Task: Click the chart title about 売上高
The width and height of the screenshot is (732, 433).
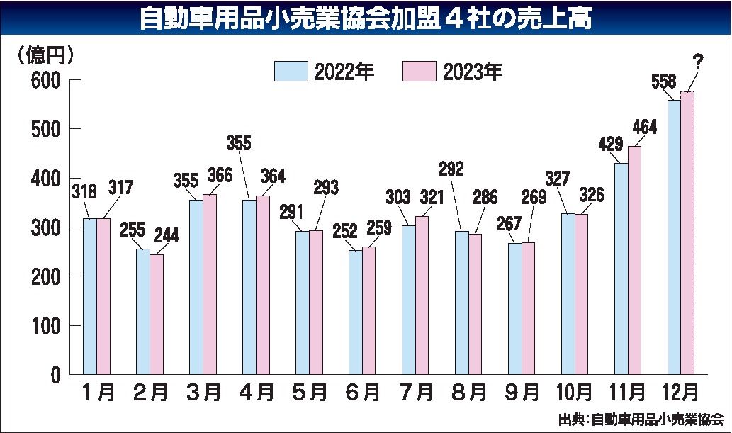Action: point(365,19)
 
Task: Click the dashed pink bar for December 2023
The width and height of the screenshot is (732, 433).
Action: point(687,234)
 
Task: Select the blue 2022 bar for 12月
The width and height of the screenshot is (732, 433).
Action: point(674,237)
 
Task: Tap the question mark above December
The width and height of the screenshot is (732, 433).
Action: point(698,62)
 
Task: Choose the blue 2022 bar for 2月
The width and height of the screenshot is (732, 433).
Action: point(142,312)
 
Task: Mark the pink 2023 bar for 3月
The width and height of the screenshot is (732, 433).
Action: point(210,284)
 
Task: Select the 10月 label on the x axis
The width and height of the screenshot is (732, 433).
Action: point(575,391)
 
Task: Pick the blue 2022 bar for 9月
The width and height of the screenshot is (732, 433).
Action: point(514,308)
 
